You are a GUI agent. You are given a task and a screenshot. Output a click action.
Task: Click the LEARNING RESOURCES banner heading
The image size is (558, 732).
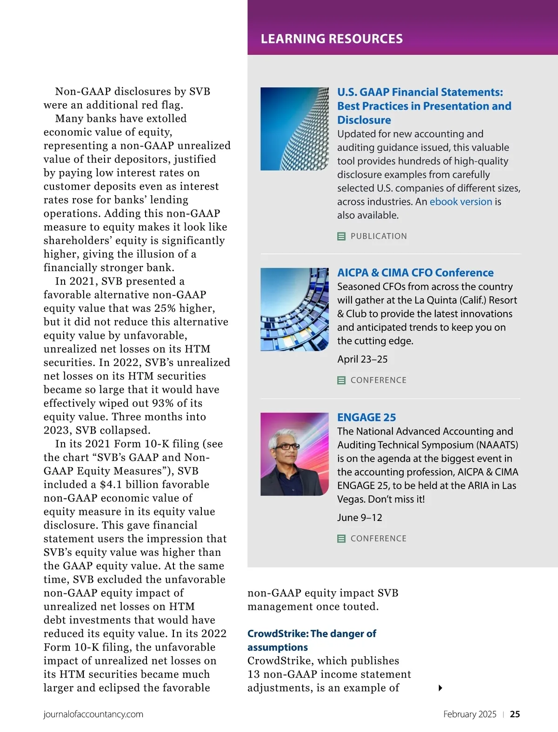pyautogui.click(x=332, y=39)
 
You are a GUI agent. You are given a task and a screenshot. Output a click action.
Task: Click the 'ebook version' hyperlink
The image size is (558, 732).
pyautogui.click(x=460, y=202)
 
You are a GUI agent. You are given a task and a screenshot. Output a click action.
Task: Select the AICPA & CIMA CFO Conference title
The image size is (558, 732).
pyautogui.click(x=415, y=273)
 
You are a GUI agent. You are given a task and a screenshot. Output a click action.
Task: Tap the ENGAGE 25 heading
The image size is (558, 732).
pyautogui.click(x=366, y=417)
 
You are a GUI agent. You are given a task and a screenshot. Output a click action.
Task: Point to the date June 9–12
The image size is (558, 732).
pyautogui.click(x=359, y=518)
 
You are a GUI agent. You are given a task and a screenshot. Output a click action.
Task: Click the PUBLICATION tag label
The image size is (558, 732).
pyautogui.click(x=379, y=236)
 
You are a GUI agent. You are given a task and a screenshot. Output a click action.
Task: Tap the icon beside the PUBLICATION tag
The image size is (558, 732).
pyautogui.click(x=341, y=236)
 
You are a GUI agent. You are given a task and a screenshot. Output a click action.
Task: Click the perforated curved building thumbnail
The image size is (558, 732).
pyautogui.click(x=294, y=129)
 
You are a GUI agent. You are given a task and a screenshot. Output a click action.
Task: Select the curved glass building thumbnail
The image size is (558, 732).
pyautogui.click(x=294, y=309)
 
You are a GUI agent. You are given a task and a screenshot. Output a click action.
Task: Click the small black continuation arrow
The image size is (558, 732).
pyautogui.click(x=440, y=688)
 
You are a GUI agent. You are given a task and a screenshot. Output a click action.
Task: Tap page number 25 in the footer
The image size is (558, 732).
pyautogui.click(x=515, y=714)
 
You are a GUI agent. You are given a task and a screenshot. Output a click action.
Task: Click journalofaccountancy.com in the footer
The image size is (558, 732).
pyautogui.click(x=93, y=714)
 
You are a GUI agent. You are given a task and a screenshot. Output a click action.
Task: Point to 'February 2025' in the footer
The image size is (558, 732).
pyautogui.click(x=470, y=714)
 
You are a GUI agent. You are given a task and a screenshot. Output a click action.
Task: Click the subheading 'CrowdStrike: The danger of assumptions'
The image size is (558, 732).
pyautogui.click(x=312, y=640)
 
